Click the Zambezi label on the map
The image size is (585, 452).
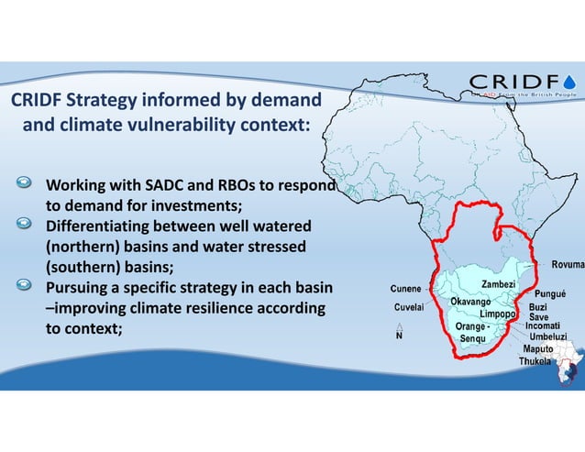498,285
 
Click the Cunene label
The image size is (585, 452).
406,290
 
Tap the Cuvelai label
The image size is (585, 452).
408,307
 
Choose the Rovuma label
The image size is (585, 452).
567,265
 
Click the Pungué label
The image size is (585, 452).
555,294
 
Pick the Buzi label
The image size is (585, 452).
538,307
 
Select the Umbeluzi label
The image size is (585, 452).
548,337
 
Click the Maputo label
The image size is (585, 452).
538,349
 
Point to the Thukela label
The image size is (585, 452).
535,361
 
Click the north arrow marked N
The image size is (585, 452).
399,333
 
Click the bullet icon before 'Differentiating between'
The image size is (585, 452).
27,225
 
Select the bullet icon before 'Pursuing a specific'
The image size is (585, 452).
27,287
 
